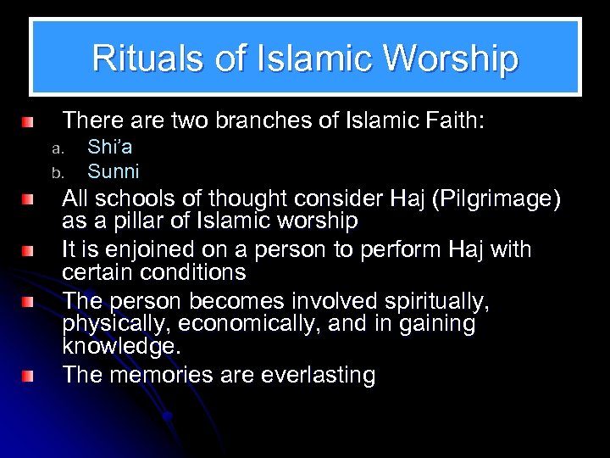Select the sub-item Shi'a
coord(109,148)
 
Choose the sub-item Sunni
coord(113,171)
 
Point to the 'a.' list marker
coord(57,148)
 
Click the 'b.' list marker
coord(57,172)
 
